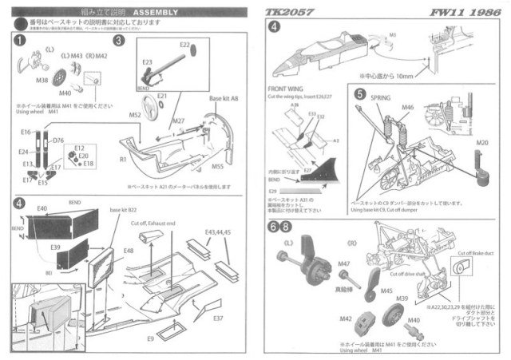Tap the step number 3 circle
[120, 40]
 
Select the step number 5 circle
[360, 93]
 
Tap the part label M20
[481, 144]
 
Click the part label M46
[407, 107]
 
